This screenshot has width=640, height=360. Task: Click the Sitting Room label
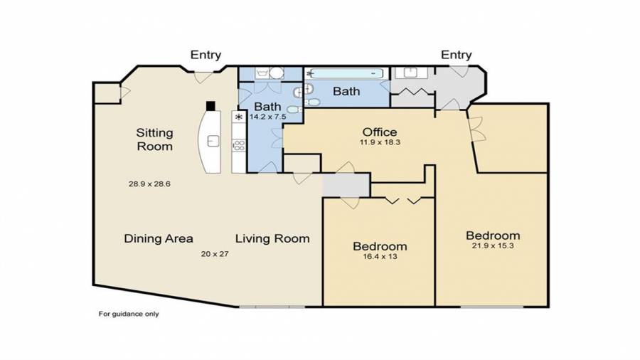pyautogui.click(x=155, y=139)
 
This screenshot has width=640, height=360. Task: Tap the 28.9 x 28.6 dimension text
pyautogui.click(x=149, y=184)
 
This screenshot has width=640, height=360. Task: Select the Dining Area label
pyautogui.click(x=159, y=238)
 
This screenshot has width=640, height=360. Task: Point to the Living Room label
pyautogui.click(x=272, y=238)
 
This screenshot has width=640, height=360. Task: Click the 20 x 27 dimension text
pyautogui.click(x=215, y=254)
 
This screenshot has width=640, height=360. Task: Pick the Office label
pyautogui.click(x=380, y=132)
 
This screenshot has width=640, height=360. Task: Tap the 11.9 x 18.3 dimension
pyautogui.click(x=380, y=142)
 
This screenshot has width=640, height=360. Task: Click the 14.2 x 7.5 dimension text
pyautogui.click(x=268, y=117)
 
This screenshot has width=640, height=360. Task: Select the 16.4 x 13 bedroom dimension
pyautogui.click(x=380, y=257)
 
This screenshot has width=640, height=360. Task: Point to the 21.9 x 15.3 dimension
pyautogui.click(x=493, y=245)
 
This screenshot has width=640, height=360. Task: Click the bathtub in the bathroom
pyautogui.click(x=346, y=74)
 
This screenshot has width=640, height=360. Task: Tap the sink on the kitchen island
pyautogui.click(x=213, y=141)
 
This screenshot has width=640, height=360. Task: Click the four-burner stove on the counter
pyautogui.click(x=239, y=145)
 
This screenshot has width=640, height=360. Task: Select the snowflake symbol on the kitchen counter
pyautogui.click(x=239, y=117)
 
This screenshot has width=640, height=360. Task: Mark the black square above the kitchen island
pyautogui.click(x=210, y=106)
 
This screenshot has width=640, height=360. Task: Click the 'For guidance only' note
pyautogui.click(x=129, y=314)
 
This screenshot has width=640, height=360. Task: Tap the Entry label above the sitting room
pyautogui.click(x=206, y=55)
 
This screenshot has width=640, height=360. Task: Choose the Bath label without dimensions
pyautogui.click(x=346, y=91)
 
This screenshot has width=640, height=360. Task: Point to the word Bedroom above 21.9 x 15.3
pyautogui.click(x=493, y=235)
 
